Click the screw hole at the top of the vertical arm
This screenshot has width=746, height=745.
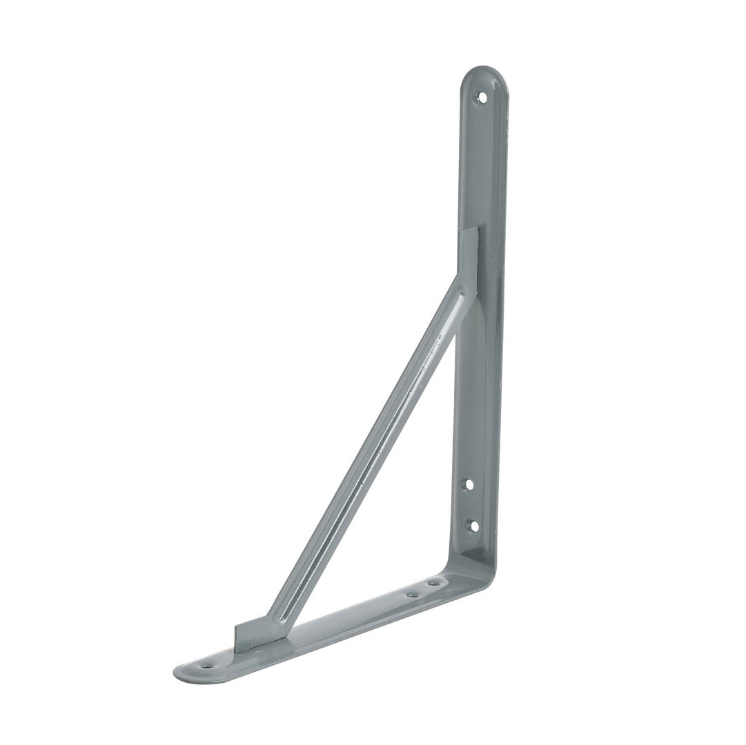coord(482,97)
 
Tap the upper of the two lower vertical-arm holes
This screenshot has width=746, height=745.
coord(469,484)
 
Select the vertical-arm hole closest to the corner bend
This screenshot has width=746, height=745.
coord(473,526)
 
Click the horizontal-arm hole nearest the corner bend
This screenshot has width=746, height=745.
coord(433,584)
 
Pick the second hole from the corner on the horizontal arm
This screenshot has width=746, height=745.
coord(412,593)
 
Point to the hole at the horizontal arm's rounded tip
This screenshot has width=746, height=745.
coord(207,666)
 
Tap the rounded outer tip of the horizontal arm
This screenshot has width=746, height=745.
coord(181,672)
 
